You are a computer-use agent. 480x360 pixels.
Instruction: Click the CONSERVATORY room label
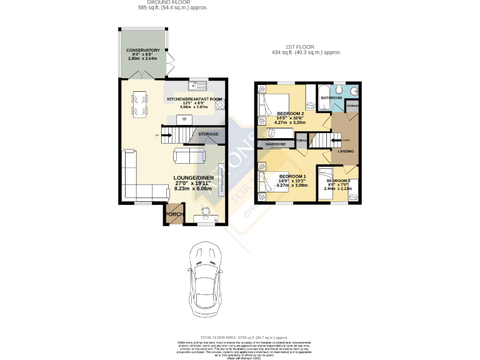143,50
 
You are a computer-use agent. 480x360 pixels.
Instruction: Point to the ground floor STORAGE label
208,134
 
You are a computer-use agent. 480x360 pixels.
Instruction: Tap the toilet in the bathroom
354,91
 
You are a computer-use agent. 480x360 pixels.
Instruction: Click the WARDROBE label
276,144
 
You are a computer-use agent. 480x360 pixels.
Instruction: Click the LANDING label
346,151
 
